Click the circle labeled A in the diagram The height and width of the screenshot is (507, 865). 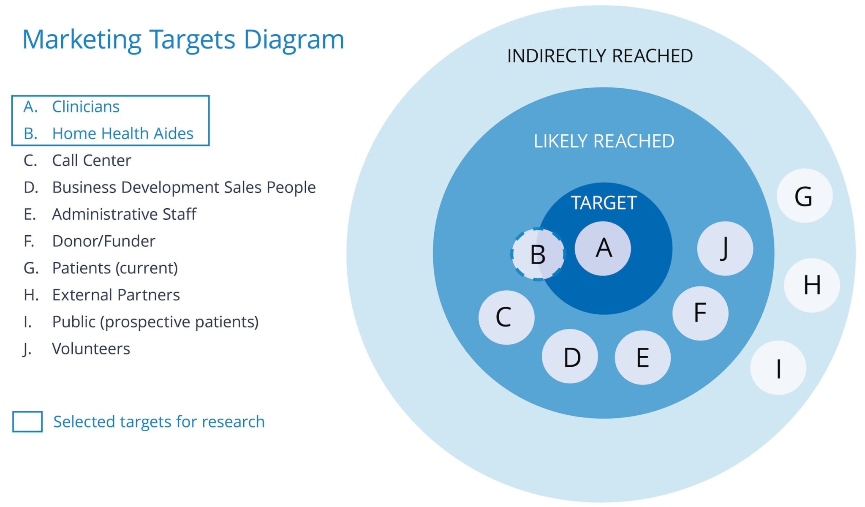[603, 248]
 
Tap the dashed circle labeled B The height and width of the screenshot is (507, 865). [538, 254]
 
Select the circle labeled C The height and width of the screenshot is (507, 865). [506, 317]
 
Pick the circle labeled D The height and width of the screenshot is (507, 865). [570, 357]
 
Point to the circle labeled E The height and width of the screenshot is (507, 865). [642, 357]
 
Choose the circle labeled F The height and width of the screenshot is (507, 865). [700, 313]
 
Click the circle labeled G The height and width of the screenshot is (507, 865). [805, 196]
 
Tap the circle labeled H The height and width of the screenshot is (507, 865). [812, 285]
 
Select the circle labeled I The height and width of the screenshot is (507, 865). [778, 368]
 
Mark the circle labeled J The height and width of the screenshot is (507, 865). [725, 248]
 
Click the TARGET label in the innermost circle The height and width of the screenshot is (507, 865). [604, 203]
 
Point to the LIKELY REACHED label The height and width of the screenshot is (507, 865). [604, 141]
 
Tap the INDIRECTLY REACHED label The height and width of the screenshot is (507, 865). [600, 56]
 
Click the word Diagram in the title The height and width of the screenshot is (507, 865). [294, 40]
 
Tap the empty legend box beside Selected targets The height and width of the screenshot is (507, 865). [27, 422]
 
